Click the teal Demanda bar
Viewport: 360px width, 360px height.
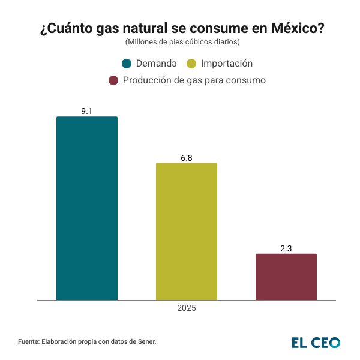click(87, 208)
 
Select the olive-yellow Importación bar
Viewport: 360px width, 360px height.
click(187, 231)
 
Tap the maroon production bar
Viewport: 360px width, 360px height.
click(286, 277)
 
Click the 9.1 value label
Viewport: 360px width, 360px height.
click(87, 111)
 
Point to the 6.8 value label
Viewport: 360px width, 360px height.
click(187, 158)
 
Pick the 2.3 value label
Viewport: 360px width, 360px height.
click(286, 248)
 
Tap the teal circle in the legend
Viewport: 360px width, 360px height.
click(127, 64)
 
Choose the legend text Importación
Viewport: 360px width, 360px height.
click(227, 64)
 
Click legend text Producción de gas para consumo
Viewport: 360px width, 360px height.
click(194, 80)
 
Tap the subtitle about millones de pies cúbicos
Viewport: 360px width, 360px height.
click(182, 42)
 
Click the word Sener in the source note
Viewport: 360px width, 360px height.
click(146, 341)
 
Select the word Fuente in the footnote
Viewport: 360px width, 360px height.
click(28, 341)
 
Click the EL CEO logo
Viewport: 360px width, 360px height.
click(316, 342)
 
